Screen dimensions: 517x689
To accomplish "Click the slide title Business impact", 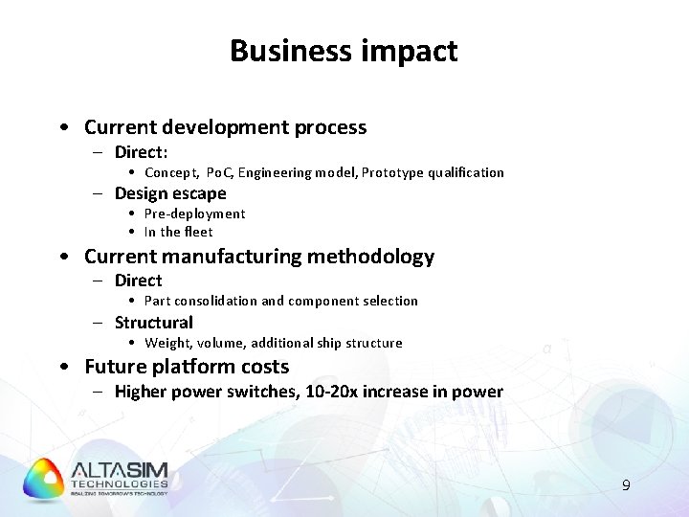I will (x=344, y=51).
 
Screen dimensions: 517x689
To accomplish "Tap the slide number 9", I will (x=626, y=485).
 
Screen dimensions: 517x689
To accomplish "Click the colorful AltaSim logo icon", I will (x=43, y=480).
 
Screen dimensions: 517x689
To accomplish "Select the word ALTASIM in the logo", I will (x=120, y=470).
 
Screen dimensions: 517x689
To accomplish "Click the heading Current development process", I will (x=225, y=127).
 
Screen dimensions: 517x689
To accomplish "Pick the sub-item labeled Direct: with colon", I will (x=141, y=152).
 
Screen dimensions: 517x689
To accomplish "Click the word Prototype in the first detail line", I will (x=392, y=173).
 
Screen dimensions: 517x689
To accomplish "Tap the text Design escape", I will (x=170, y=193).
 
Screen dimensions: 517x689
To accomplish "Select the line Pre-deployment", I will (x=194, y=214).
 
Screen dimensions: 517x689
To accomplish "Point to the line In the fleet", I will (x=178, y=232).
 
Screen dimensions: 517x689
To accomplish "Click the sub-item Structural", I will (x=153, y=323).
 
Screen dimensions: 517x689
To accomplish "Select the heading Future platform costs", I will (x=187, y=367).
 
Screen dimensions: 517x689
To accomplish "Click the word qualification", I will (x=466, y=173).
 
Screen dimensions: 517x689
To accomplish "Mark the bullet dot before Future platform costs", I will (x=62, y=368).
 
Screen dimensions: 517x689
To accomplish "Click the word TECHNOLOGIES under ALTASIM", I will (x=120, y=484).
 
